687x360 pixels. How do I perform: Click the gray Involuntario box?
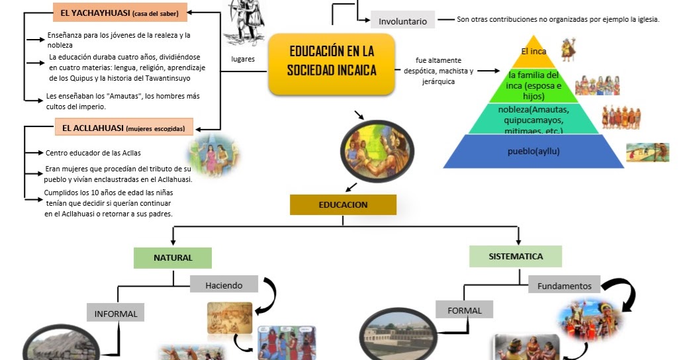pyautogui.click(x=402, y=21)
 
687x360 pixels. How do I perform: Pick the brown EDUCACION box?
pyautogui.click(x=343, y=204)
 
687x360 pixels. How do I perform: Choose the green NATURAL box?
pyautogui.click(x=173, y=257)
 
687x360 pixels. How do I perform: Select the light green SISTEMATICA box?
pyautogui.click(x=516, y=256)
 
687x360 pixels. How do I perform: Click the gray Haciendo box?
pyautogui.click(x=223, y=285)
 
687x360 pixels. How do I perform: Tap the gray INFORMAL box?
pyautogui.click(x=116, y=314)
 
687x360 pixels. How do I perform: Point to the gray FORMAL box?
pyautogui.click(x=464, y=310)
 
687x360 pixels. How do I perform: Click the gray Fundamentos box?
pyautogui.click(x=564, y=286)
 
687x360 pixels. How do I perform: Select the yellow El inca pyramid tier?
pyautogui.click(x=533, y=51)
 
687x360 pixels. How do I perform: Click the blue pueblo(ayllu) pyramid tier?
pyautogui.click(x=533, y=152)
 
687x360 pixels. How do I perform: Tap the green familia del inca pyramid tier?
pyautogui.click(x=533, y=85)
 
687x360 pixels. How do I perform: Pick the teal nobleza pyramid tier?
pyautogui.click(x=533, y=119)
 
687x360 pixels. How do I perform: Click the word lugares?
pyautogui.click(x=243, y=59)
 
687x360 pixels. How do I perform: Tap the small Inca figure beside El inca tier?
pyautogui.click(x=567, y=50)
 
